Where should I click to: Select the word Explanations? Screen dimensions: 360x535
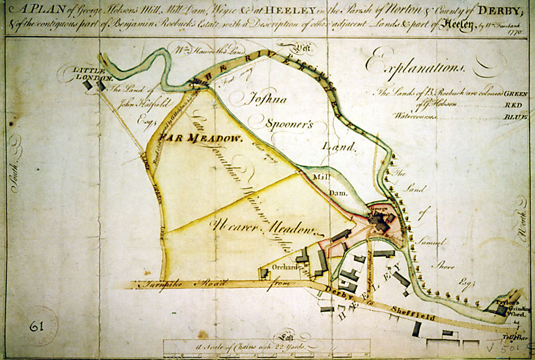[418, 65]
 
